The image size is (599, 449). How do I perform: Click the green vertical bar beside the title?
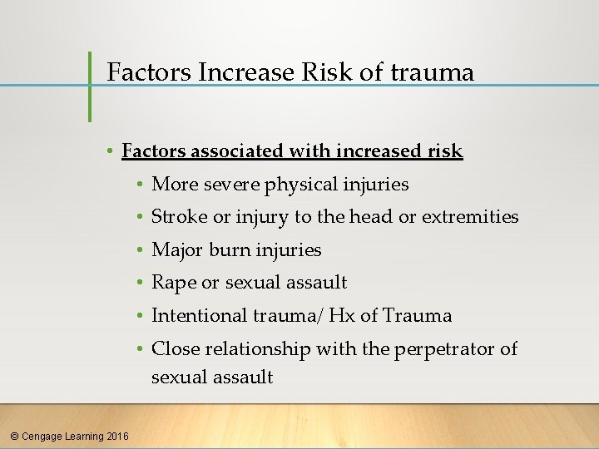coord(90,86)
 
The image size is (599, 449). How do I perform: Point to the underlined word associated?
coord(241,151)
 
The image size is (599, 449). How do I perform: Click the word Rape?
coord(174,283)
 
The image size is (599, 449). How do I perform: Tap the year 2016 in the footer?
coord(117,436)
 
